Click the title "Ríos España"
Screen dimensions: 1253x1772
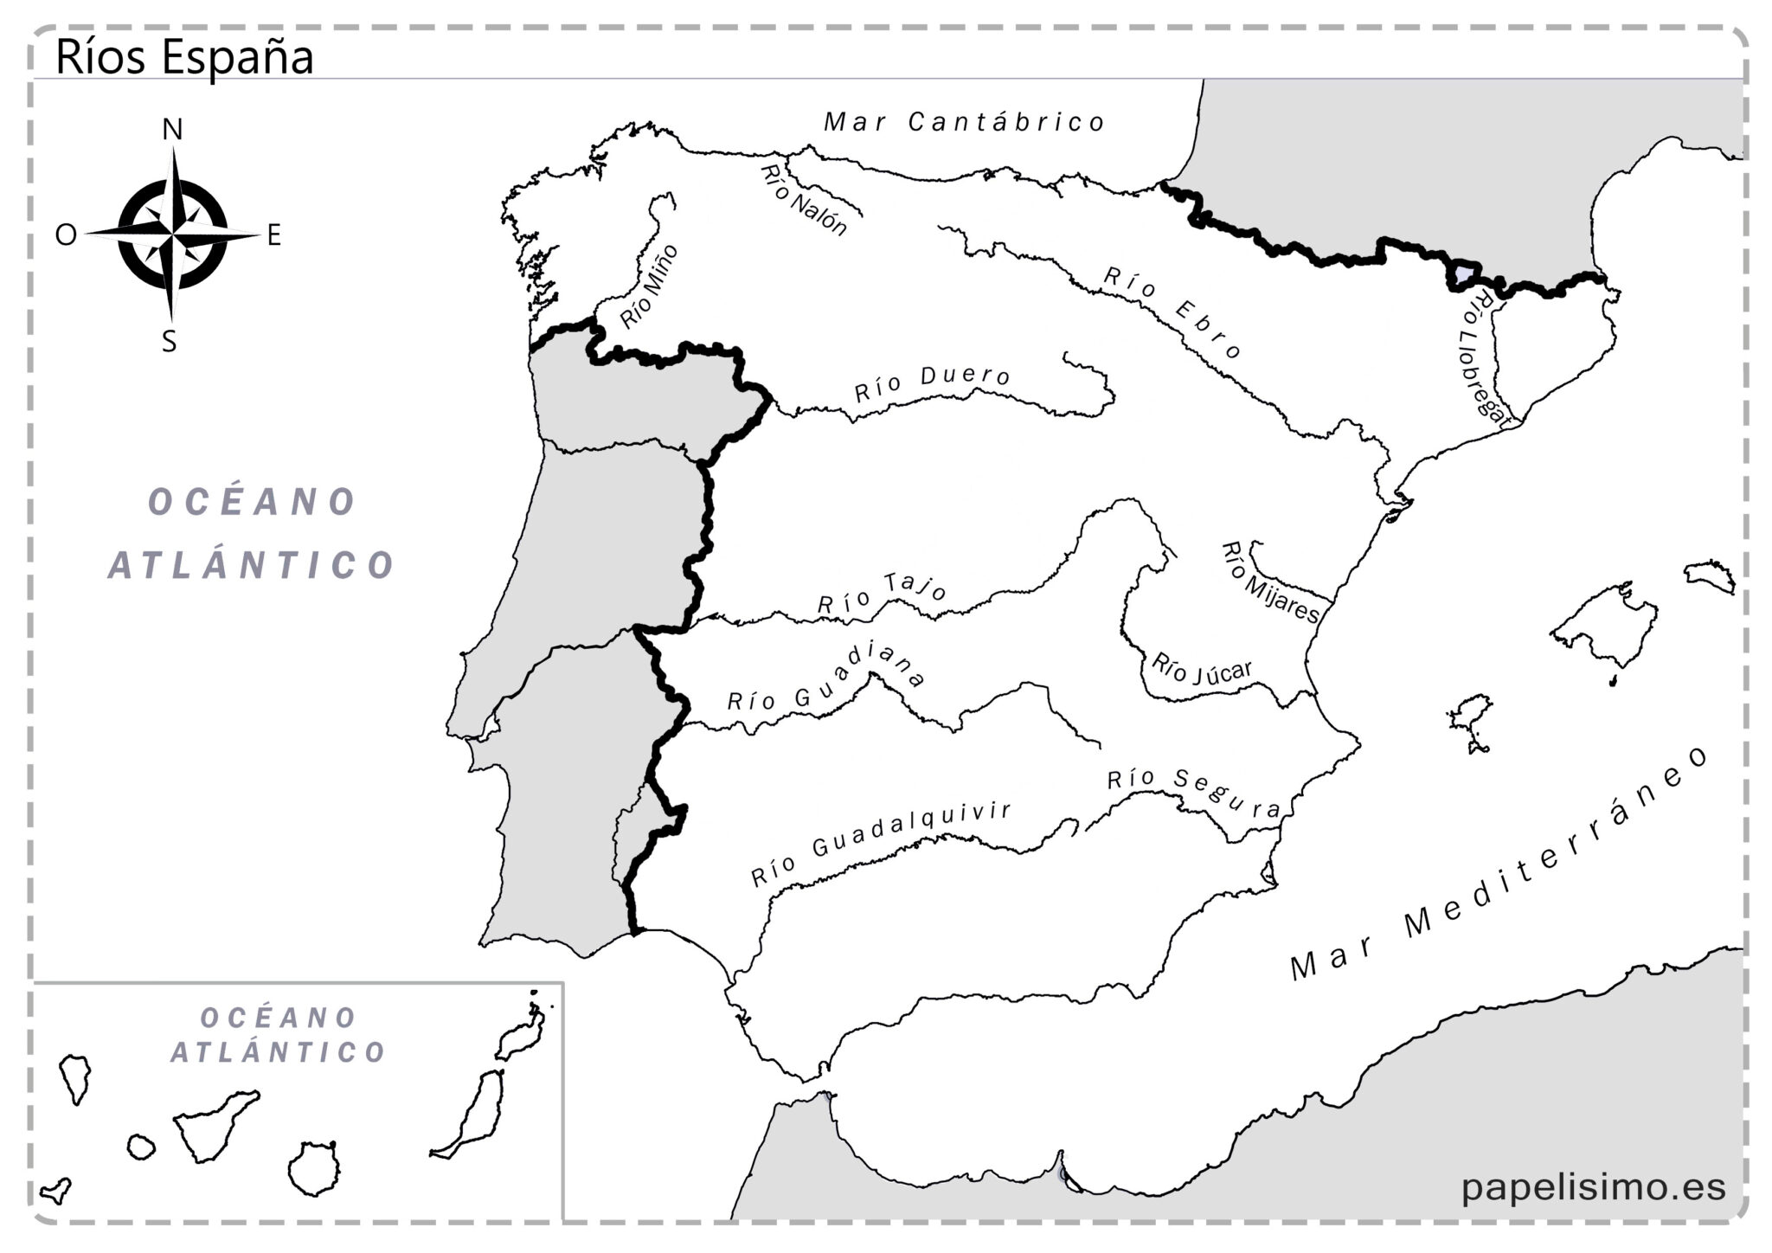183,57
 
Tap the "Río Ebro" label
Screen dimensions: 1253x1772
1172,312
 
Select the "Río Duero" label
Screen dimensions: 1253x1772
933,384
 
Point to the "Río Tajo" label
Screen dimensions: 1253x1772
883,594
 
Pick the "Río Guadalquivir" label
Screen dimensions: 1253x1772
881,842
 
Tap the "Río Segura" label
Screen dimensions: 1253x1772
1194,792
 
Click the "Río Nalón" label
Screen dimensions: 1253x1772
803,200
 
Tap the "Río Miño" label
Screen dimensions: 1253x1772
650,286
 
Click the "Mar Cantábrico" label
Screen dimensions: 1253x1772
964,122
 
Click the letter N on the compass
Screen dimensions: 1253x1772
173,130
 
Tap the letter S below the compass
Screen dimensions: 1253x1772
170,342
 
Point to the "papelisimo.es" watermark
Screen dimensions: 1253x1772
1593,1186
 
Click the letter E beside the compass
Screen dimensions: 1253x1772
274,235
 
